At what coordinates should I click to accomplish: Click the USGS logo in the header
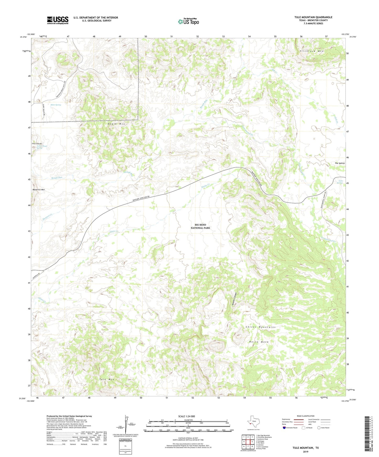coord(58,20)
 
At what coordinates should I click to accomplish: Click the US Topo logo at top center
coord(188,21)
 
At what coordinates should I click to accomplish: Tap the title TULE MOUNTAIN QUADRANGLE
coord(313,17)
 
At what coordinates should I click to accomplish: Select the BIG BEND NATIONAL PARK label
coord(200,226)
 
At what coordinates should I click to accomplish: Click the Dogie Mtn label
coord(116,124)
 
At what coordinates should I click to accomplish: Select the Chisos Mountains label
coord(260,327)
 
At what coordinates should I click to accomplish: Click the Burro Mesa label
coord(259,342)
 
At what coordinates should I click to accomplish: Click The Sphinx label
coord(339,163)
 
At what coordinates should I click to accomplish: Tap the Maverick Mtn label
coord(39,190)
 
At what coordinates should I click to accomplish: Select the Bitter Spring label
coord(56,105)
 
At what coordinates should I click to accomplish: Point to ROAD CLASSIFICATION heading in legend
coord(306,416)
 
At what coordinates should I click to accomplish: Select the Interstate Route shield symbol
coord(285,428)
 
